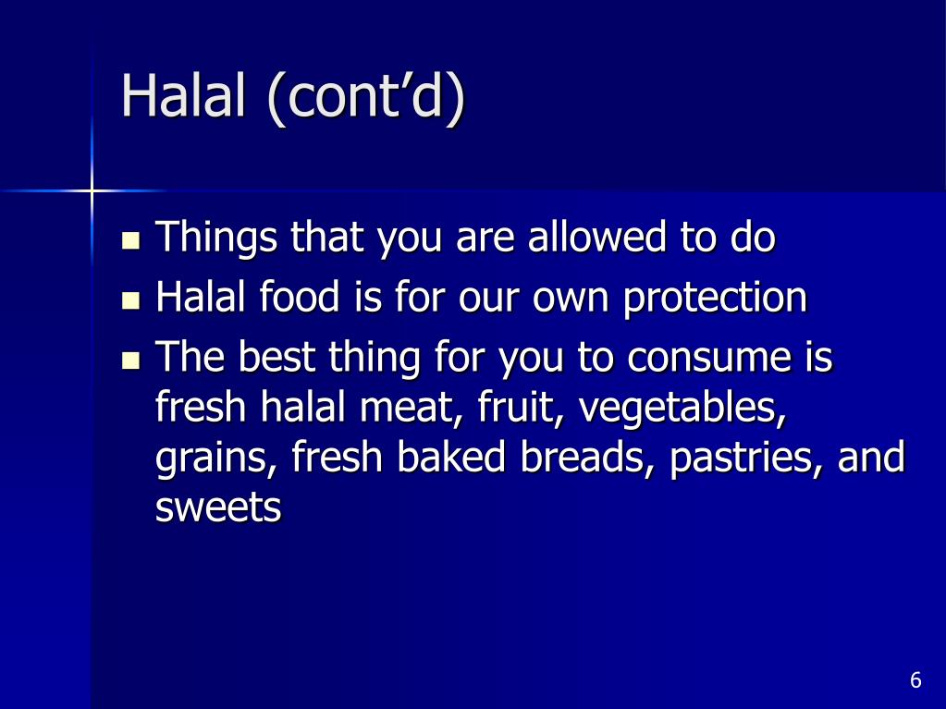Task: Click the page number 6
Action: [915, 681]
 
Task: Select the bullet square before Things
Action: [130, 243]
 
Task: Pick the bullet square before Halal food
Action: [130, 301]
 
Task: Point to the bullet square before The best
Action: [130, 361]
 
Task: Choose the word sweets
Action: [218, 508]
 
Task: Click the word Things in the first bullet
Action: [216, 239]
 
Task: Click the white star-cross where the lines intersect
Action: [92, 190]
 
